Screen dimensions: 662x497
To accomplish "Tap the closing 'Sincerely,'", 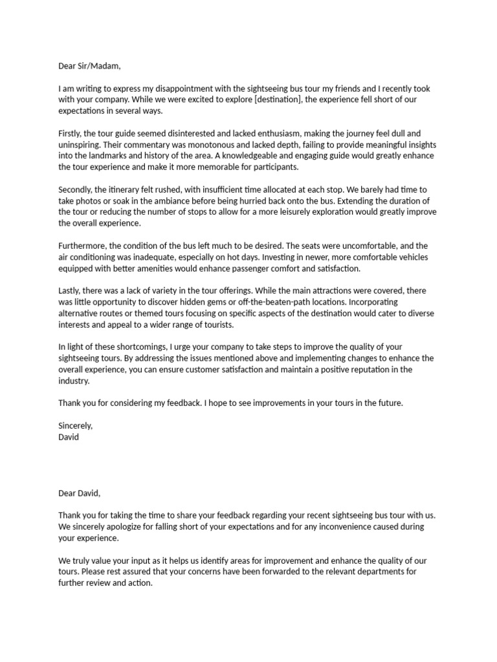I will tap(76, 425).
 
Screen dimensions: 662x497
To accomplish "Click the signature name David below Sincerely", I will tap(69, 436).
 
